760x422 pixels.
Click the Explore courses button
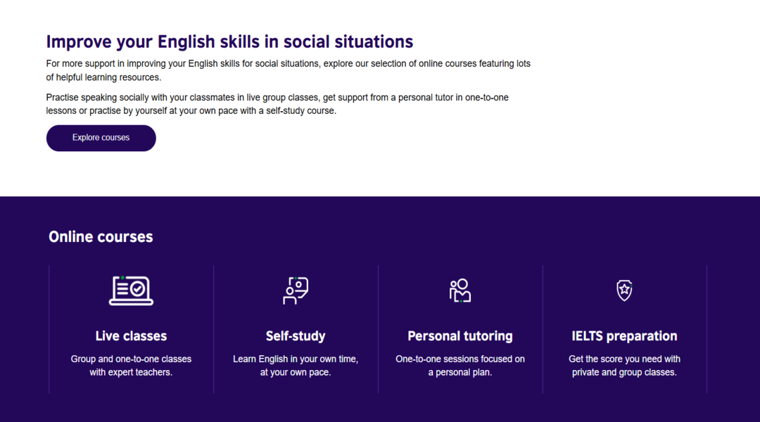101,138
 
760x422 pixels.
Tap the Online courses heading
101,236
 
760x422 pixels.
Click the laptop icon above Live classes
131,290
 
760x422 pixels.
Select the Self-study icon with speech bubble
296,290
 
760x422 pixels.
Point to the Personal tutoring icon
460,290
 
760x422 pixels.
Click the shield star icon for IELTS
624,290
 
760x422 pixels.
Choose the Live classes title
131,335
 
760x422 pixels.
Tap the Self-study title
296,335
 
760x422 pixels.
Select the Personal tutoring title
460,335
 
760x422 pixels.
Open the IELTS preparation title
624,335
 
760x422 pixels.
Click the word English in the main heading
186,41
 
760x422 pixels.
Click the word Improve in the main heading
79,42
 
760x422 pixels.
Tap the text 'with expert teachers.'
131,372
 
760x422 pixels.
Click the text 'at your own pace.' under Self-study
296,372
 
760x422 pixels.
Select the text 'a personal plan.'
460,372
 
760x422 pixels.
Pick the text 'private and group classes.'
624,372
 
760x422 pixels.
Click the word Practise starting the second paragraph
63,97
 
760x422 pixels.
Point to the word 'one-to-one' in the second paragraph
487,97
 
